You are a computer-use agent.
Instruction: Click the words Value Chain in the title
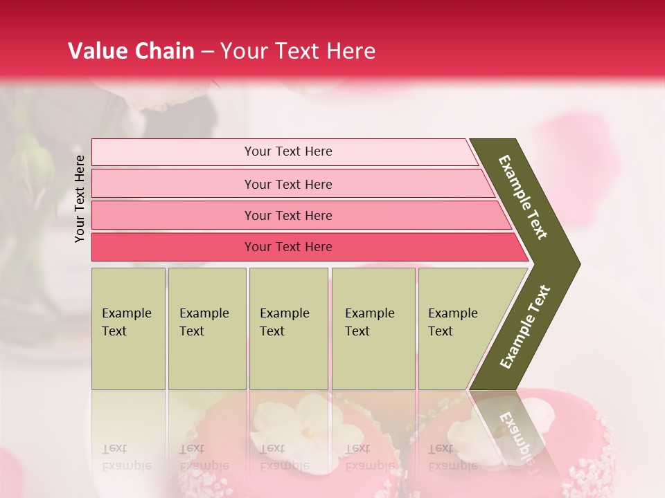pos(131,51)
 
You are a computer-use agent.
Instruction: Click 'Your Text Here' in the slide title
pos(298,51)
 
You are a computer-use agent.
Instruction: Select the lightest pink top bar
pos(173,152)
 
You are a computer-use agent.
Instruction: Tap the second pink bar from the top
pos(173,184)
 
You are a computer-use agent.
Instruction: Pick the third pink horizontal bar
pos(173,215)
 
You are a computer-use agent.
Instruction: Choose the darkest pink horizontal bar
pos(173,247)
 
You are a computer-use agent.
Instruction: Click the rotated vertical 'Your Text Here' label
pos(80,199)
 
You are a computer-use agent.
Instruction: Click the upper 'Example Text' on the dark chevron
pos(523,197)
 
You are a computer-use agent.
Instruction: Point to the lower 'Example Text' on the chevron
pos(524,326)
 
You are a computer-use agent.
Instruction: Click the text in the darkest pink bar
pos(288,247)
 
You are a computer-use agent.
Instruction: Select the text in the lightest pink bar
pos(288,151)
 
